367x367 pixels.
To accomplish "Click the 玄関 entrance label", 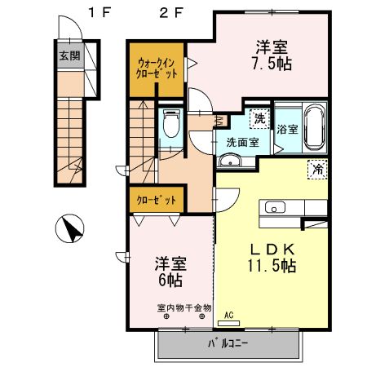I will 68,57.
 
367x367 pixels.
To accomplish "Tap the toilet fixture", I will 170,126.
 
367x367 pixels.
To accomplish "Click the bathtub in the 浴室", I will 314,127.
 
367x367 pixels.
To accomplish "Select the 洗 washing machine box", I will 259,119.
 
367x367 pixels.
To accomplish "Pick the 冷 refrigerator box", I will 316,170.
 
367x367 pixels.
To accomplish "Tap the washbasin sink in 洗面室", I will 231,160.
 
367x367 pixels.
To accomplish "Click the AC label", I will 228,313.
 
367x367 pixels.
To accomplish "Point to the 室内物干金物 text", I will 183,307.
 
